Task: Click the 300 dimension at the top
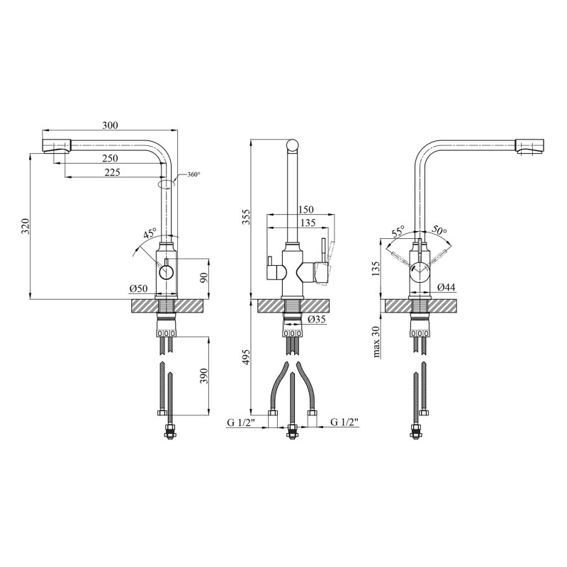pos(110,125)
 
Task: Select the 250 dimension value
pos(110,157)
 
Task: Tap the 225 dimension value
pos(111,172)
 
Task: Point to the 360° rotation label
pos(193,175)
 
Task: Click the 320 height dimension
pos(25,227)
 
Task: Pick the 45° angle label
pos(150,234)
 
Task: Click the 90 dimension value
pos(203,278)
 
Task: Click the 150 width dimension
pos(305,209)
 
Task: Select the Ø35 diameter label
pos(317,320)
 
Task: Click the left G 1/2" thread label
pos(241,423)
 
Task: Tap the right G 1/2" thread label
pos(344,423)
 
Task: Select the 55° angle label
pos(398,232)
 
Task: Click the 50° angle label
pos(439,231)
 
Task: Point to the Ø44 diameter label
pos(446,288)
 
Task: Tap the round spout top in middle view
pos(293,146)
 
